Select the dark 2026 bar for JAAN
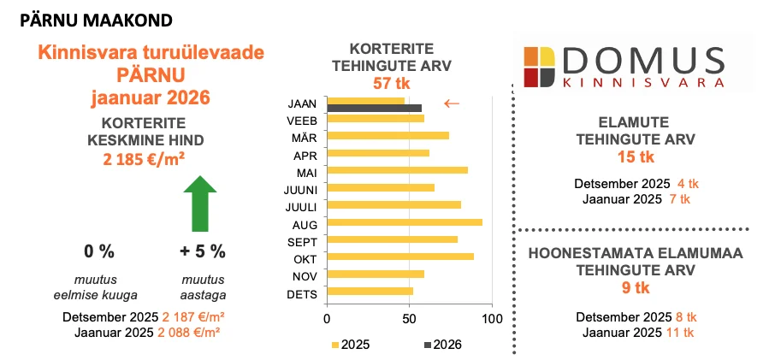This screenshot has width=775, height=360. pos(375,109)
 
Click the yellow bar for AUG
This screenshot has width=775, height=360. pos(405,221)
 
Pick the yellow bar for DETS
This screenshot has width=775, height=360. pos(370,291)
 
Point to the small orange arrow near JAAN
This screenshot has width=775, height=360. pos(452,103)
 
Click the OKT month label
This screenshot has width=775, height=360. pos(305,257)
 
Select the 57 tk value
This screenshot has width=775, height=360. pos(389,84)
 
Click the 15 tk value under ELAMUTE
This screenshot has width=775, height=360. pos(635,157)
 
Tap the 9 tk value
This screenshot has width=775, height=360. pos(635,288)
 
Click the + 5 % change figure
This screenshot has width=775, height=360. pos(203,251)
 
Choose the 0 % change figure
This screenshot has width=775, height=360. pos(98,251)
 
